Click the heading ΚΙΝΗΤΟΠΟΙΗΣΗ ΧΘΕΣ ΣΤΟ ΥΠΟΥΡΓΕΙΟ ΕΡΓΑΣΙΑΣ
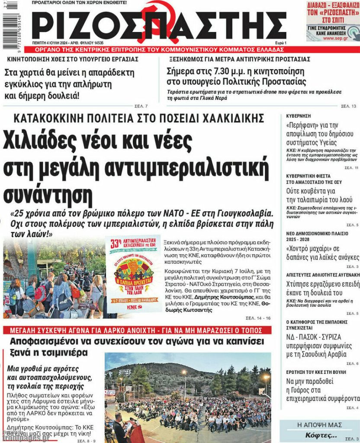coord(71,59)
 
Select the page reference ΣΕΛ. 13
coord(348,106)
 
